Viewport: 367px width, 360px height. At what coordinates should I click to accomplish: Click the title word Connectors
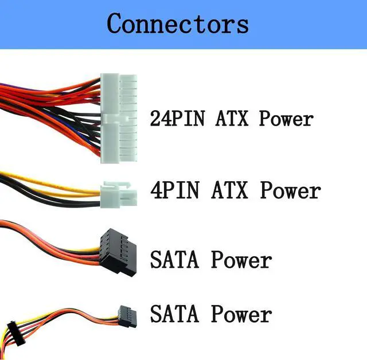pyautogui.click(x=178, y=24)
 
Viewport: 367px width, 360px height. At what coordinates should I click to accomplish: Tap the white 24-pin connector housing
pyautogui.click(x=119, y=118)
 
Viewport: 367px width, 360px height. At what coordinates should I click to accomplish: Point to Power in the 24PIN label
pyautogui.click(x=286, y=119)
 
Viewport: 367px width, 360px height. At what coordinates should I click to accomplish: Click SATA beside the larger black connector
pyautogui.click(x=176, y=260)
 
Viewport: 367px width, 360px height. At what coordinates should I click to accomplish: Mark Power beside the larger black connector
pyautogui.click(x=241, y=260)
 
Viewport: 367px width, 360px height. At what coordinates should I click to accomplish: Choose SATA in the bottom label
pyautogui.click(x=176, y=314)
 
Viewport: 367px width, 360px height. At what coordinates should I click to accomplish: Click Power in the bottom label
pyautogui.click(x=241, y=314)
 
